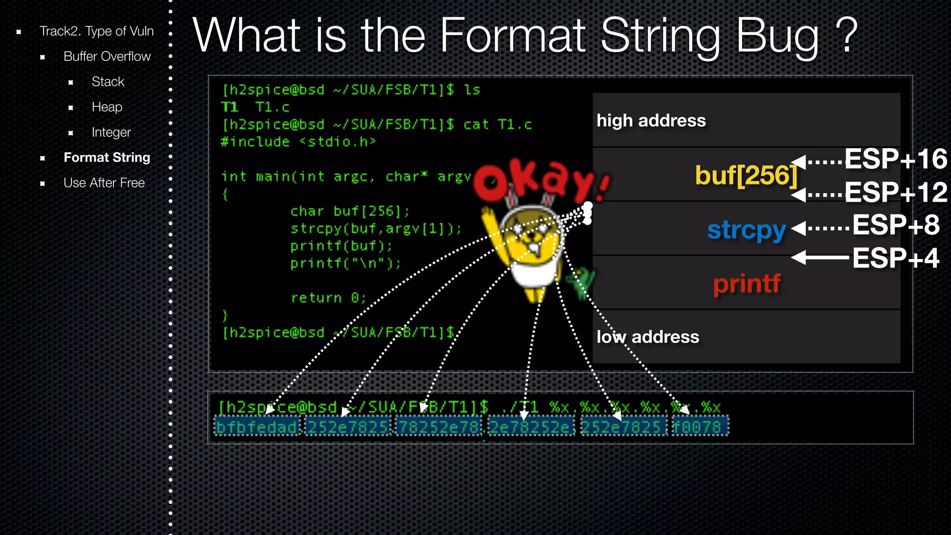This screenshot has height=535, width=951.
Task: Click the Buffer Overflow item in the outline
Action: (107, 57)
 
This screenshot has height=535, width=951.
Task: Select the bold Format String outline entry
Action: (107, 158)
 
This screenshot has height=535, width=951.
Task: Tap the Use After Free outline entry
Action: (104, 183)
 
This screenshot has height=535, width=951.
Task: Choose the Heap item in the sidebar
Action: (107, 107)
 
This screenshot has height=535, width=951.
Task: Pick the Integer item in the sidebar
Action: (111, 133)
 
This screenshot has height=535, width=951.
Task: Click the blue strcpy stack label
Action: (746, 230)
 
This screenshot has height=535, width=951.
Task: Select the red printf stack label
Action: (747, 284)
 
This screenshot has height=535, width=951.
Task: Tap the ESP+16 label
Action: (895, 159)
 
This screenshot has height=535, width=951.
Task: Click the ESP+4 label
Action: (895, 258)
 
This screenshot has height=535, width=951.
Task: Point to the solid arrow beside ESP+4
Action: (820, 257)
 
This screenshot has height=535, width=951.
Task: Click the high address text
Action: (651, 121)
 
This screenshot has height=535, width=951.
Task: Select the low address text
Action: (648, 337)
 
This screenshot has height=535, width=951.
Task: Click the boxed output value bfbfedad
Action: (257, 427)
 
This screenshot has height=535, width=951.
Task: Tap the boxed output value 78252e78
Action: (439, 427)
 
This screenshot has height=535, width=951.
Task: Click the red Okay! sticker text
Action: (541, 181)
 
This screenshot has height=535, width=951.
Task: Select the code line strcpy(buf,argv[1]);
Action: (376, 229)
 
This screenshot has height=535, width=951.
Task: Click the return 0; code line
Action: (328, 298)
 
